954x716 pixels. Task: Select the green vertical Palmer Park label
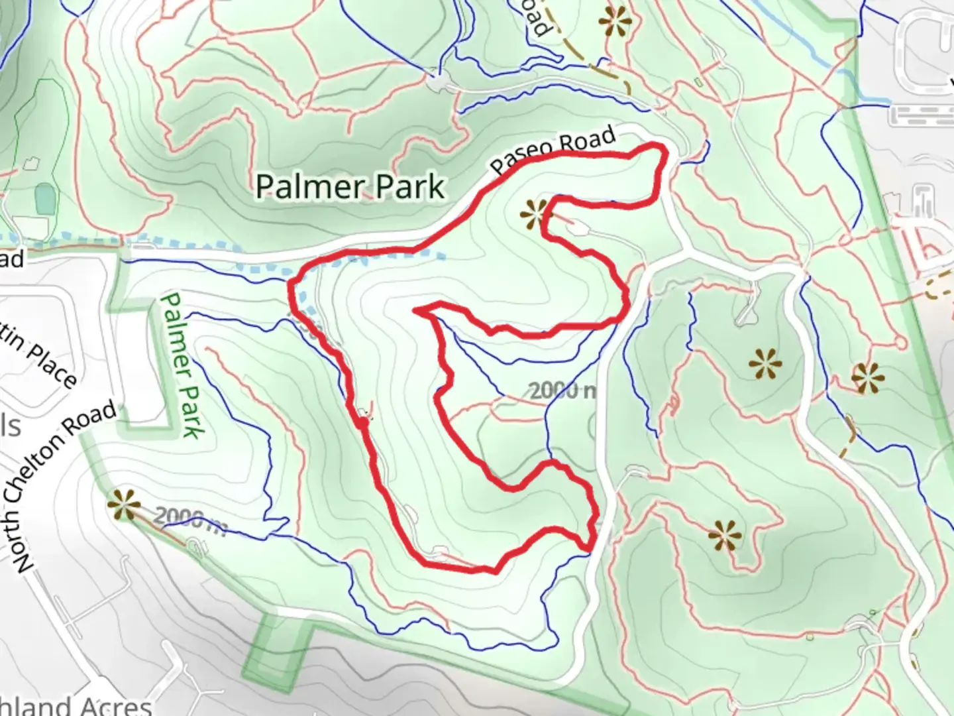click(180, 366)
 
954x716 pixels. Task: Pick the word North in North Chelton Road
click(23, 542)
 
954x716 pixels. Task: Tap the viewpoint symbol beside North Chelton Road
click(124, 505)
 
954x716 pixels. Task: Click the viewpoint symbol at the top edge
click(615, 22)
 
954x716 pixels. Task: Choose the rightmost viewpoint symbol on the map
click(868, 378)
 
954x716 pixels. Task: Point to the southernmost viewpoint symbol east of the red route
click(724, 535)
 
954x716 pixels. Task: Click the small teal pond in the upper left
click(45, 198)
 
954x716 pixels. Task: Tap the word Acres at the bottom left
click(113, 705)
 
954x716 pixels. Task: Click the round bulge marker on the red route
click(363, 422)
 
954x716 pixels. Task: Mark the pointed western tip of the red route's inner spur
click(415, 310)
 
